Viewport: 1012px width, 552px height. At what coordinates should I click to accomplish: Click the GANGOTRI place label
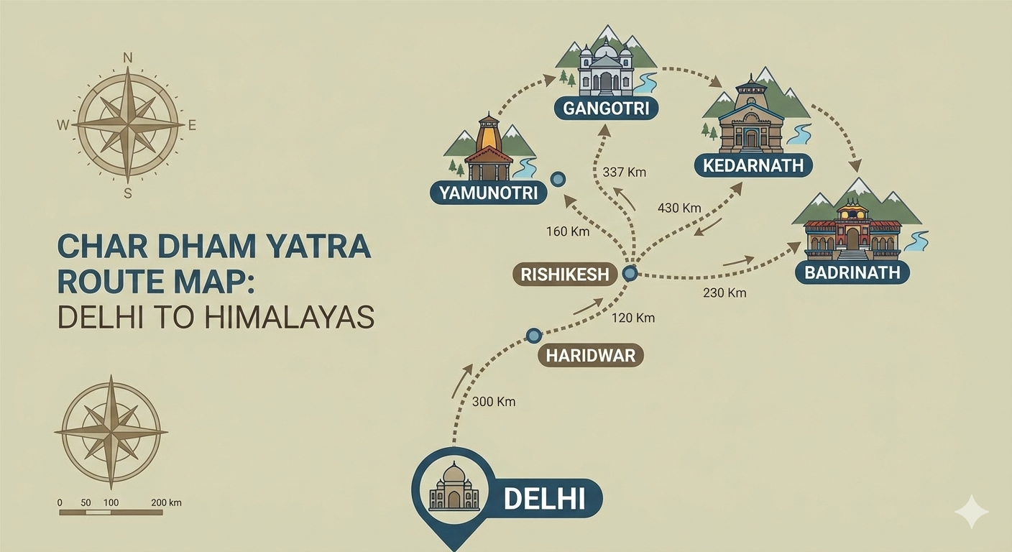tap(606, 109)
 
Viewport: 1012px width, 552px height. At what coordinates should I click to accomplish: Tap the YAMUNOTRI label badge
tap(488, 193)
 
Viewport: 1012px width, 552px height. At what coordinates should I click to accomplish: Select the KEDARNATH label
tap(753, 166)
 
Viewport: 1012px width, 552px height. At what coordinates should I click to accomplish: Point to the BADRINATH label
tap(852, 272)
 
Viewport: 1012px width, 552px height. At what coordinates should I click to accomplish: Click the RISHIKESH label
tap(565, 274)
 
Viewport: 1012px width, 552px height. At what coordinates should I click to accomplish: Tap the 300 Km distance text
tap(494, 402)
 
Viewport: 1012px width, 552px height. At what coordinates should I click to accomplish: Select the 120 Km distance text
tap(633, 318)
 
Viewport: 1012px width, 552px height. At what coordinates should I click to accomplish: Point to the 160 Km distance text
tap(568, 231)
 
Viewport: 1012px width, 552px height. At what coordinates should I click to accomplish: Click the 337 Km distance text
tap(625, 172)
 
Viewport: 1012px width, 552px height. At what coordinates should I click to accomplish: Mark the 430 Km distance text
tap(679, 208)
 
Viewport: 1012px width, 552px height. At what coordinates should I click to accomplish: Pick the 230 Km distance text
tap(724, 293)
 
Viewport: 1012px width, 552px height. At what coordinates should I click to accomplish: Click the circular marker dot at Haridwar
tap(533, 335)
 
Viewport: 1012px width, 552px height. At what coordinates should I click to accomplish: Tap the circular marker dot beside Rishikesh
tap(630, 273)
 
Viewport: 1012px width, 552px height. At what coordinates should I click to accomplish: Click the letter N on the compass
tap(128, 57)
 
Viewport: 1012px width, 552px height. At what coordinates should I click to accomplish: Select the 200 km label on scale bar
tap(167, 502)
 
